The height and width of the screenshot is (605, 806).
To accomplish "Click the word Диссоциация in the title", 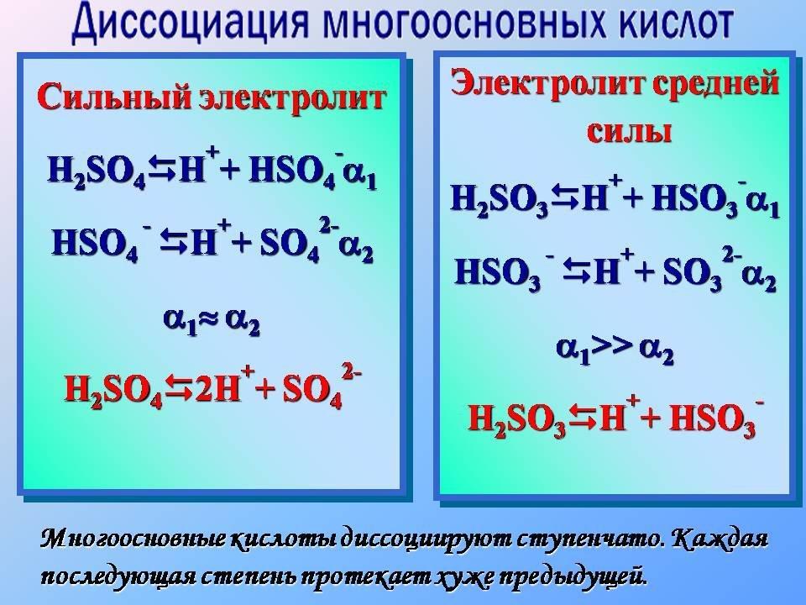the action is click(x=191, y=24).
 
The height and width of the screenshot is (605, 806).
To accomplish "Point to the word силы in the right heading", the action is click(x=630, y=132).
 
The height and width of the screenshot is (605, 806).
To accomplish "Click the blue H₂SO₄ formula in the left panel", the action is click(x=97, y=171).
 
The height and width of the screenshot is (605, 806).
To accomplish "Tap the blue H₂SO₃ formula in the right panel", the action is click(x=500, y=200).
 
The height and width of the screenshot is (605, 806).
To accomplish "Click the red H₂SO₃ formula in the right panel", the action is click(x=517, y=418).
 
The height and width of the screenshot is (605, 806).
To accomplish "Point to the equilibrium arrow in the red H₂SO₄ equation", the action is click(x=178, y=389).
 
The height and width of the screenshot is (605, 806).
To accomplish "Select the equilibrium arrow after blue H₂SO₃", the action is click(x=564, y=200).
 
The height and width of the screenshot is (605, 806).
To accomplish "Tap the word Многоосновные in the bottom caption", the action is click(x=133, y=539).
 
